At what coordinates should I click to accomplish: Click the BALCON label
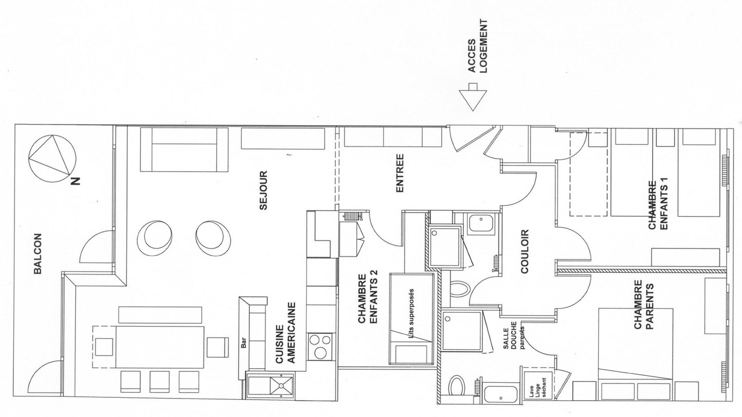point(38,254)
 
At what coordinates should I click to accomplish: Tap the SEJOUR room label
point(263,191)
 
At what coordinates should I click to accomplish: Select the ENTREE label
point(400,173)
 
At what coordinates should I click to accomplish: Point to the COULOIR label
point(525,251)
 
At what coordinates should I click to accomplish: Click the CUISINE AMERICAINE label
point(285,332)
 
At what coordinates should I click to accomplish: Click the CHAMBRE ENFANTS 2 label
point(368,298)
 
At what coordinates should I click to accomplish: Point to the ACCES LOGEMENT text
point(478,46)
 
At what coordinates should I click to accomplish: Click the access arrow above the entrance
point(473,97)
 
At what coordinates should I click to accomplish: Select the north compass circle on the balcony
point(52,158)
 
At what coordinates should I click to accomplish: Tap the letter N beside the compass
point(75,181)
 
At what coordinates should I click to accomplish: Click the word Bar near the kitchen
point(244,342)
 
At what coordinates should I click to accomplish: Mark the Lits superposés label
point(412,313)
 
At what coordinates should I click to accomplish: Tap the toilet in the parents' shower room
point(457,385)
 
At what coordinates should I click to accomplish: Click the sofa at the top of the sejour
point(184,149)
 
